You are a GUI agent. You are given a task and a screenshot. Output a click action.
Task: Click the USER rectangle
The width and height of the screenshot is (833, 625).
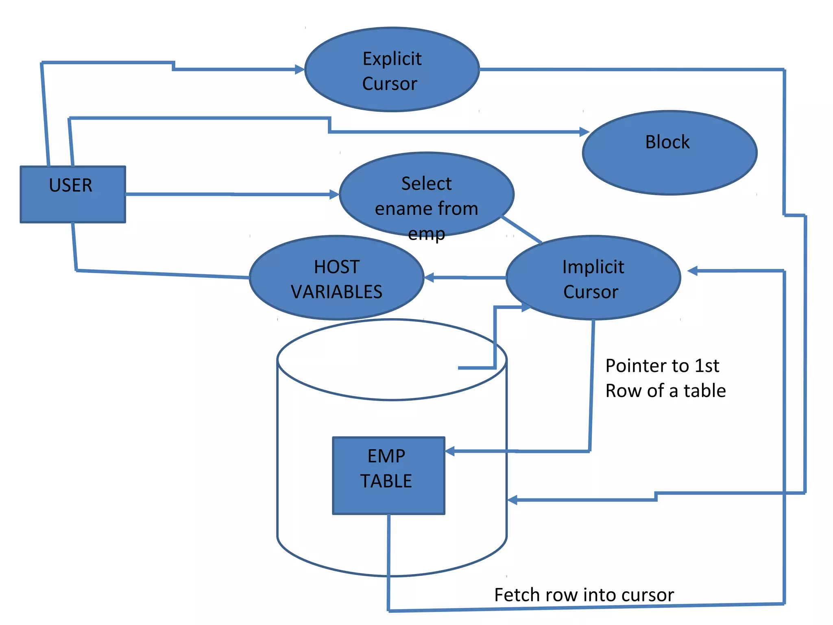coord(73,194)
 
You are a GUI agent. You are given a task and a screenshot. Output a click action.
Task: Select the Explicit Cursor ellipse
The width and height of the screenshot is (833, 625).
coord(392,70)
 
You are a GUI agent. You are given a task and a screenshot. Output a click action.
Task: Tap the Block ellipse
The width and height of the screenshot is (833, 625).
coord(669,153)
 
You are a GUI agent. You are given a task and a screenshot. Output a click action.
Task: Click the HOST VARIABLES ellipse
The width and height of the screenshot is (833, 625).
coord(336,278)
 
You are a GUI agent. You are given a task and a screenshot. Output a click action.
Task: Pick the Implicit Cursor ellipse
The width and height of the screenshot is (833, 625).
coord(593,278)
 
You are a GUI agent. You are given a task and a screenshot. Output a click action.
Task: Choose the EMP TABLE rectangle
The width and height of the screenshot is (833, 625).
coord(388,476)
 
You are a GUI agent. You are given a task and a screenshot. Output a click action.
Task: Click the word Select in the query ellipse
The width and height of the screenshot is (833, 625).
coord(426,184)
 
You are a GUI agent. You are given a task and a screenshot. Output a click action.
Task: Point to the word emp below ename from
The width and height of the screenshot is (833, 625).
coord(426,234)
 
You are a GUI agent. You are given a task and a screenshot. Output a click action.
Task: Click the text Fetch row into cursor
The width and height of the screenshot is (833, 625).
coord(584,595)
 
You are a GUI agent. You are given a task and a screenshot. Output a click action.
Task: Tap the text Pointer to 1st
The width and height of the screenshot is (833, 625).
coord(662,365)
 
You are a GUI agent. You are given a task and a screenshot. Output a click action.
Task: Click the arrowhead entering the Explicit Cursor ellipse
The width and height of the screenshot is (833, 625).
coord(300,70)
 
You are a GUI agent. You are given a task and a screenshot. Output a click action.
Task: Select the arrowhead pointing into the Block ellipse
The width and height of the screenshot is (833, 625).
coord(584,132)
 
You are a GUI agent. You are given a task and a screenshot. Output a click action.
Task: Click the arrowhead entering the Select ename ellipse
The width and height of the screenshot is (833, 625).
coord(334,194)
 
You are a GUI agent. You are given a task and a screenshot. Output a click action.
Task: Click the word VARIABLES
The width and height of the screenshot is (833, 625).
coord(336,292)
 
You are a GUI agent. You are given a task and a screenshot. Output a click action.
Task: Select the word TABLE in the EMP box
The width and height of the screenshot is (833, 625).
coord(386,481)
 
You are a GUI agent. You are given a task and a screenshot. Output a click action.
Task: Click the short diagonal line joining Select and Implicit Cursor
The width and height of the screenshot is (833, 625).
coord(522,229)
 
